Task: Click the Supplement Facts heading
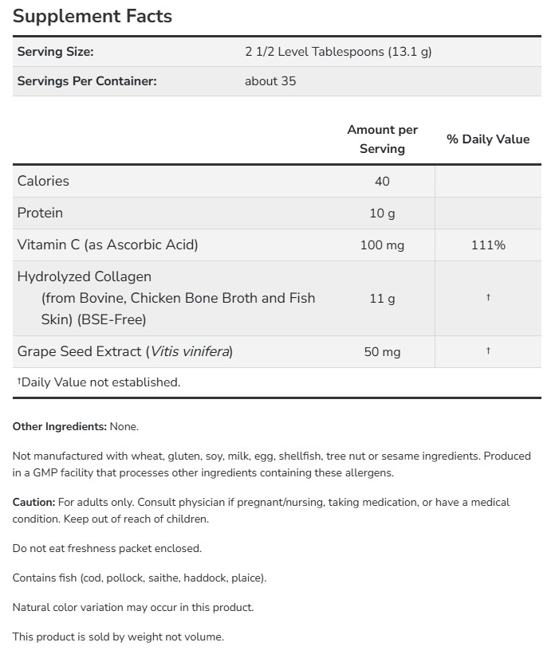pos(92,16)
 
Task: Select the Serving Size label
pos(55,52)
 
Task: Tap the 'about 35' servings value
pos(270,81)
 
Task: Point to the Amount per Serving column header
pos(382,139)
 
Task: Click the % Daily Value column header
pos(488,139)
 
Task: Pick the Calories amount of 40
pos(382,181)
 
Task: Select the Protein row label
pos(40,213)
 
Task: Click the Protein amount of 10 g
pos(382,213)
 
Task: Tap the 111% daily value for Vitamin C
pos(488,245)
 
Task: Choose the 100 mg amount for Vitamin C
pos(382,245)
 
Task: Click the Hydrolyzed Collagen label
pos(85,276)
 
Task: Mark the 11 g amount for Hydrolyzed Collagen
pos(382,298)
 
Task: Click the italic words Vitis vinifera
pos(191,351)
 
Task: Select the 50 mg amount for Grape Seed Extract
pos(382,351)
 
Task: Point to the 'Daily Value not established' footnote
pos(99,382)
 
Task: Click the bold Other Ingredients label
pos(59,427)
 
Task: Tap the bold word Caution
pos(33,503)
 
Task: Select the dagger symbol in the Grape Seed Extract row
pos(488,350)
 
